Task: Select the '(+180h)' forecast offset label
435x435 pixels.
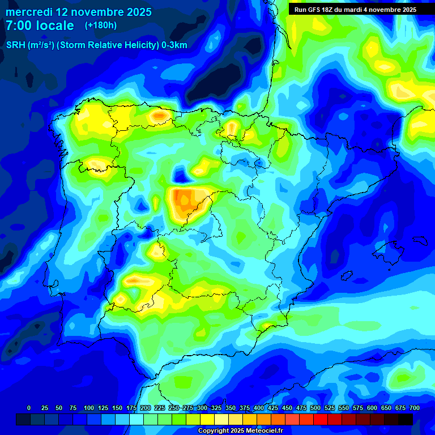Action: [101, 25]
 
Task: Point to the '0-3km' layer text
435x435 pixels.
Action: [174, 45]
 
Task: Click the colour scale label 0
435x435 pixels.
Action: [29, 408]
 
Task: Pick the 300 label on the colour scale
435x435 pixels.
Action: [202, 408]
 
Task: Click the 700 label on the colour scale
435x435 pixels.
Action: [415, 408]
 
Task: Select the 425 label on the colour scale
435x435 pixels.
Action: [272, 408]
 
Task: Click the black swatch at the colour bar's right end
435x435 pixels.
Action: [406, 419]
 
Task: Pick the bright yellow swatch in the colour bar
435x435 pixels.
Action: [207, 419]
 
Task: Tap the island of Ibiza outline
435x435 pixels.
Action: [347, 274]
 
